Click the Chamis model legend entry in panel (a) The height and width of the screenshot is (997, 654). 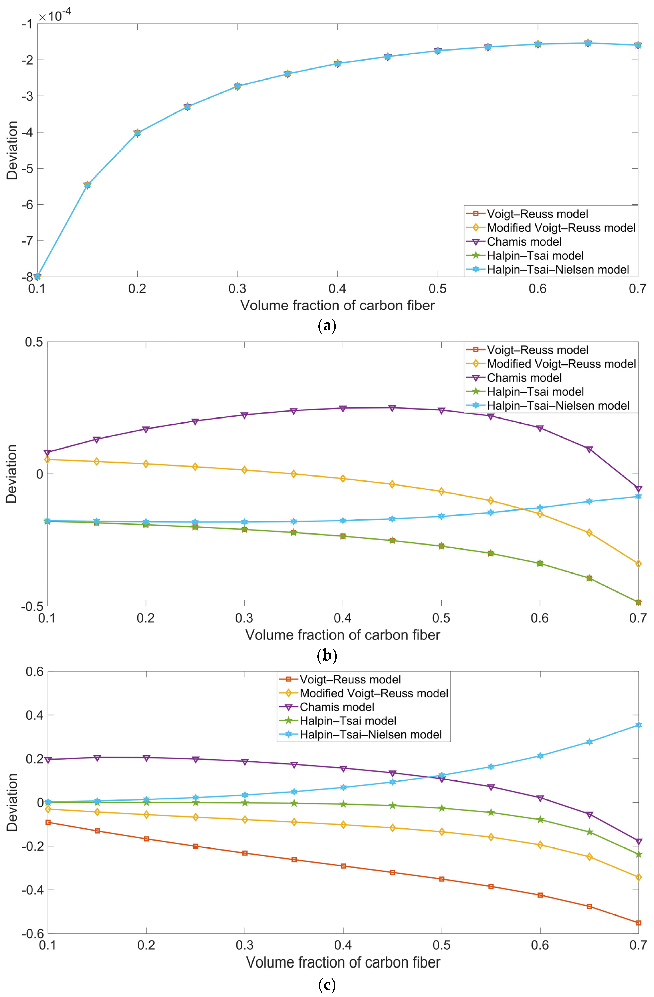point(524,242)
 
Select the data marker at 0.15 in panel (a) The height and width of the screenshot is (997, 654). point(87,185)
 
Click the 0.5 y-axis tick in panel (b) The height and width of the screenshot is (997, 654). point(34,342)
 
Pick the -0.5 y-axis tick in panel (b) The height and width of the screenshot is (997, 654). point(31,606)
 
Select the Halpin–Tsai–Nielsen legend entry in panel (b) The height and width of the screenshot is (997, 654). point(558,405)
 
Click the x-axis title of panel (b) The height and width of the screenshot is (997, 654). point(343,635)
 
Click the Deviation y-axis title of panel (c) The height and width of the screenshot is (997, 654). point(12,802)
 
